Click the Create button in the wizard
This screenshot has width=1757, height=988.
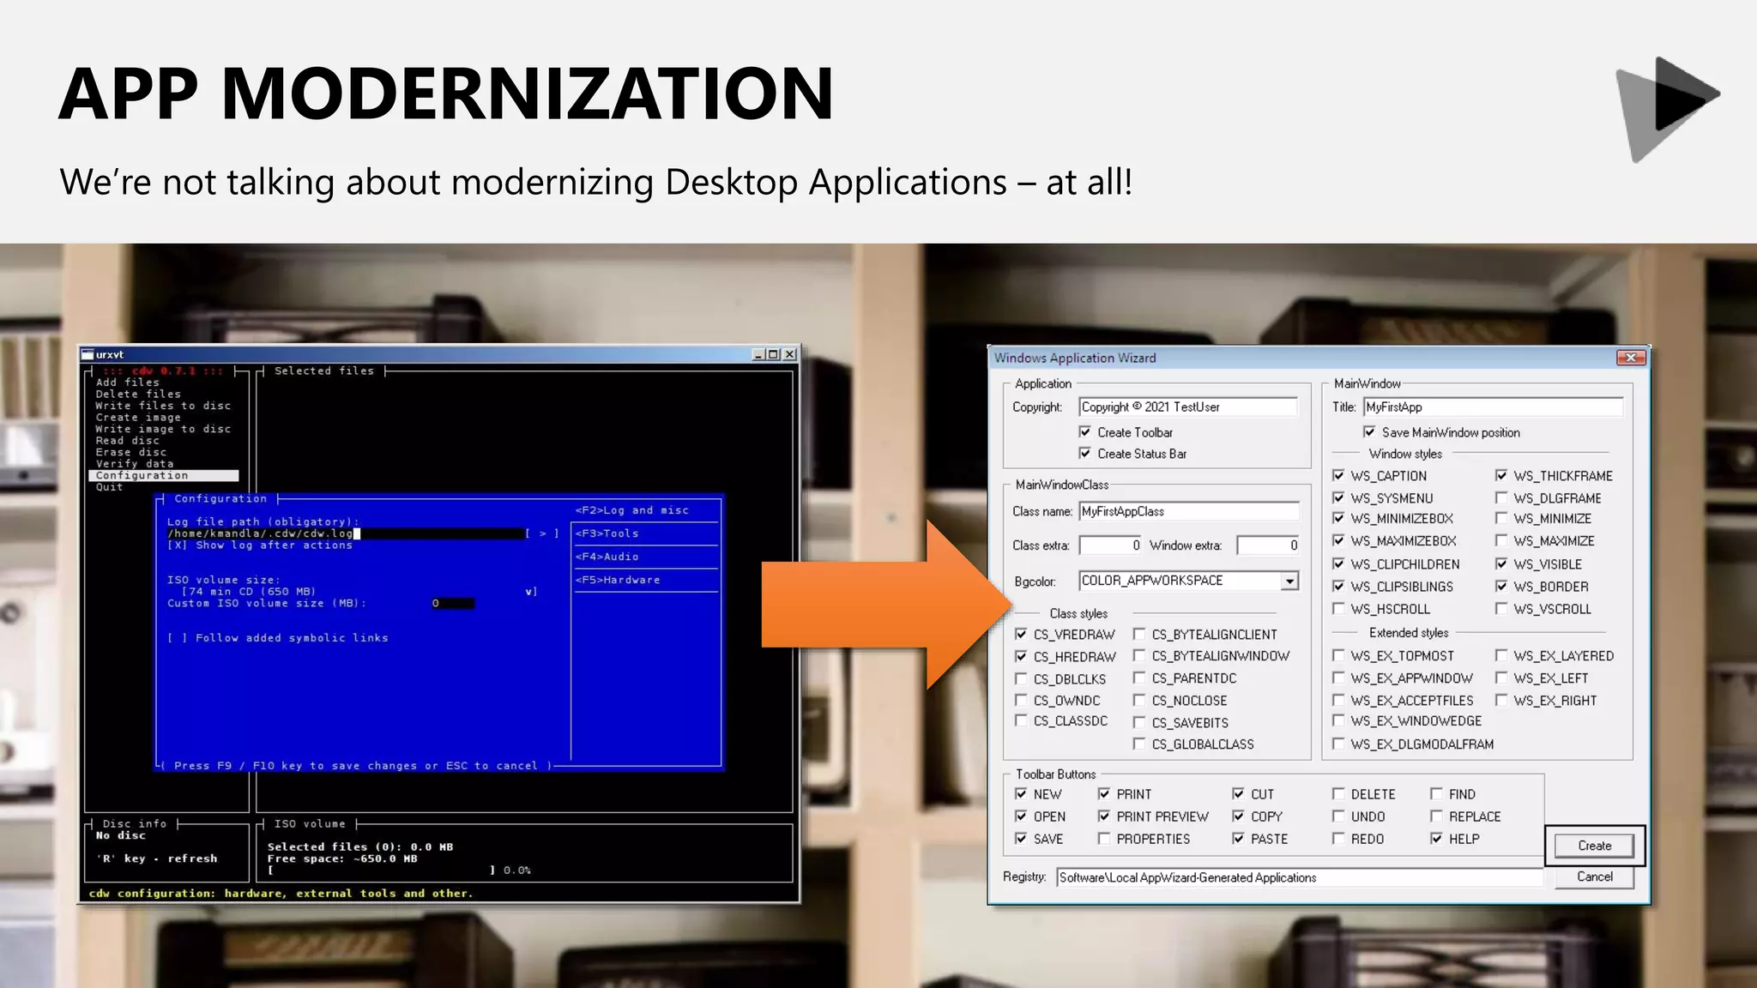click(1594, 846)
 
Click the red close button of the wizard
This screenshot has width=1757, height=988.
click(1630, 358)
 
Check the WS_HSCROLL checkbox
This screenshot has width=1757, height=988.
click(1338, 609)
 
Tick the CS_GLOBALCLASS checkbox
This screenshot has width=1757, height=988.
click(1139, 744)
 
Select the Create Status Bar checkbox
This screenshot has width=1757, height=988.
click(1085, 454)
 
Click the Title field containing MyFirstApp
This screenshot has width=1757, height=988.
click(1493, 407)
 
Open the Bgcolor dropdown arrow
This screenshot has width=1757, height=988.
click(1289, 581)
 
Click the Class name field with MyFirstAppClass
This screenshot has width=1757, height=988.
click(1188, 512)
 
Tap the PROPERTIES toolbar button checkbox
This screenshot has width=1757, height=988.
click(1104, 839)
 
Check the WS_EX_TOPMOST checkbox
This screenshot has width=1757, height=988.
click(1338, 656)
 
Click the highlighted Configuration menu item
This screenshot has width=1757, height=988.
click(142, 475)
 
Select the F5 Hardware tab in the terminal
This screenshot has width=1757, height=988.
click(619, 580)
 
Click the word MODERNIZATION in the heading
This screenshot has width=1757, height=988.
click(527, 93)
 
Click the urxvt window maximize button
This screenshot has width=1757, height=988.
click(773, 354)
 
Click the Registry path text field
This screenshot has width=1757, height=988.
click(1299, 877)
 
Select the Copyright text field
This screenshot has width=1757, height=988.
click(1188, 407)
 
